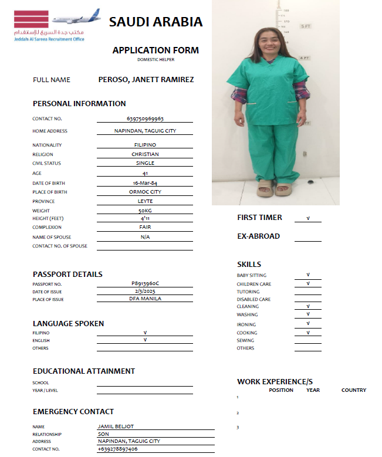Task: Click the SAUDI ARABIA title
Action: pyautogui.click(x=155, y=22)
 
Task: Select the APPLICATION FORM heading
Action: pyautogui.click(x=155, y=50)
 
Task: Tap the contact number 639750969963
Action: pyautogui.click(x=145, y=119)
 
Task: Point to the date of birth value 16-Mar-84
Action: pyautogui.click(x=145, y=182)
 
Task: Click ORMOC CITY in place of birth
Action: pyautogui.click(x=145, y=192)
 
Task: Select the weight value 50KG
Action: pyautogui.click(x=145, y=211)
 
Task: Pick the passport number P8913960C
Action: pyautogui.click(x=145, y=283)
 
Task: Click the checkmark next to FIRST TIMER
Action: pyautogui.click(x=308, y=218)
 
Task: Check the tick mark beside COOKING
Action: pyautogui.click(x=308, y=333)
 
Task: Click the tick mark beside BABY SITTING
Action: pyautogui.click(x=308, y=275)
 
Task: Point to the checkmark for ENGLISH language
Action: pyautogui.click(x=145, y=340)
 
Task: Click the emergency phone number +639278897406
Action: pyautogui.click(x=118, y=449)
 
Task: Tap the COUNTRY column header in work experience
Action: pyautogui.click(x=353, y=390)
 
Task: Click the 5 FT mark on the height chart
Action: pyautogui.click(x=305, y=26)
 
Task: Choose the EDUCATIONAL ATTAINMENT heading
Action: pyautogui.click(x=84, y=371)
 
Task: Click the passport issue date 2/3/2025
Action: pyautogui.click(x=145, y=291)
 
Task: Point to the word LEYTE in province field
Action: pyautogui.click(x=145, y=201)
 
